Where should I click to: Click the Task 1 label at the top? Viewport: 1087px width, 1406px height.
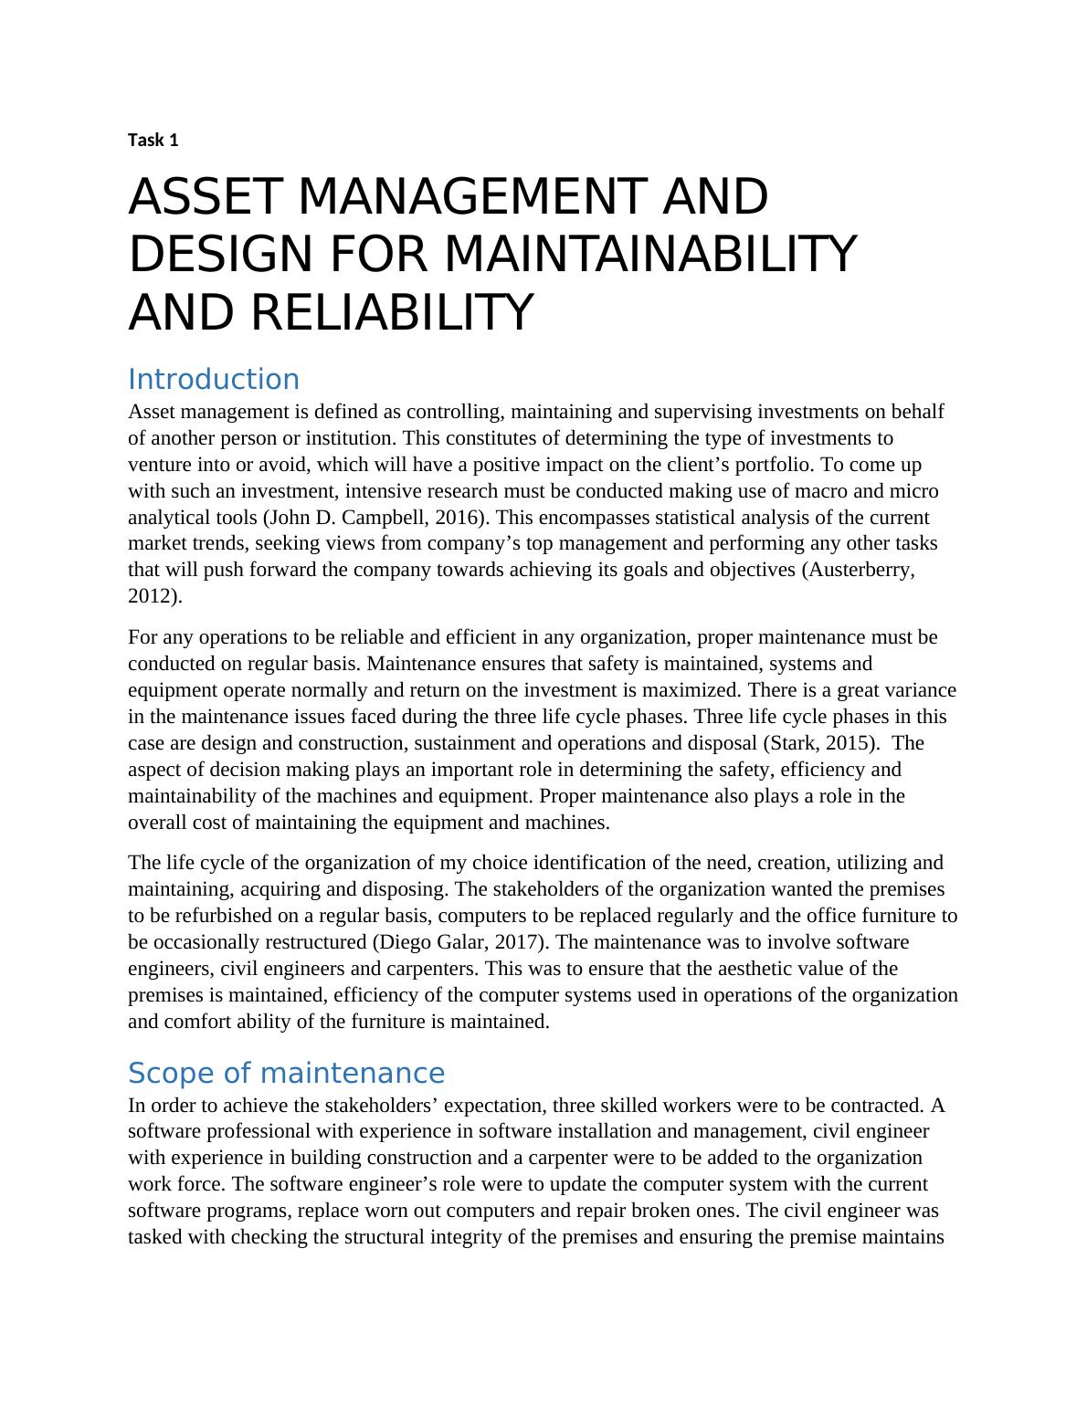point(153,140)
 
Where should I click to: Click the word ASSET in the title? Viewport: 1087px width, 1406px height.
point(206,197)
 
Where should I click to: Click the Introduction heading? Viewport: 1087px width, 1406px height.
point(214,379)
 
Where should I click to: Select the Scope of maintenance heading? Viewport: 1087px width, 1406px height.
point(286,1072)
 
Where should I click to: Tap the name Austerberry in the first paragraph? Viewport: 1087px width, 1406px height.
point(860,571)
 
